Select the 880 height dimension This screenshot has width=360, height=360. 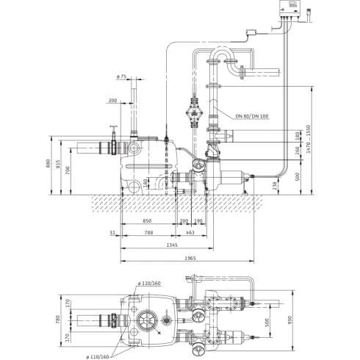pos(48,165)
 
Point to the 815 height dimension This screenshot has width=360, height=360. pos(61,168)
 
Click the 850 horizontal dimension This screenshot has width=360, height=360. pos(148,220)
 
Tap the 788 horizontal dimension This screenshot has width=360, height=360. pos(149,234)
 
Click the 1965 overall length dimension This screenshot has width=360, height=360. pos(190,259)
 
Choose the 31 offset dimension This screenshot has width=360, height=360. pos(111,234)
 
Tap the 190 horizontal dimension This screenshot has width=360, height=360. pos(198,220)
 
